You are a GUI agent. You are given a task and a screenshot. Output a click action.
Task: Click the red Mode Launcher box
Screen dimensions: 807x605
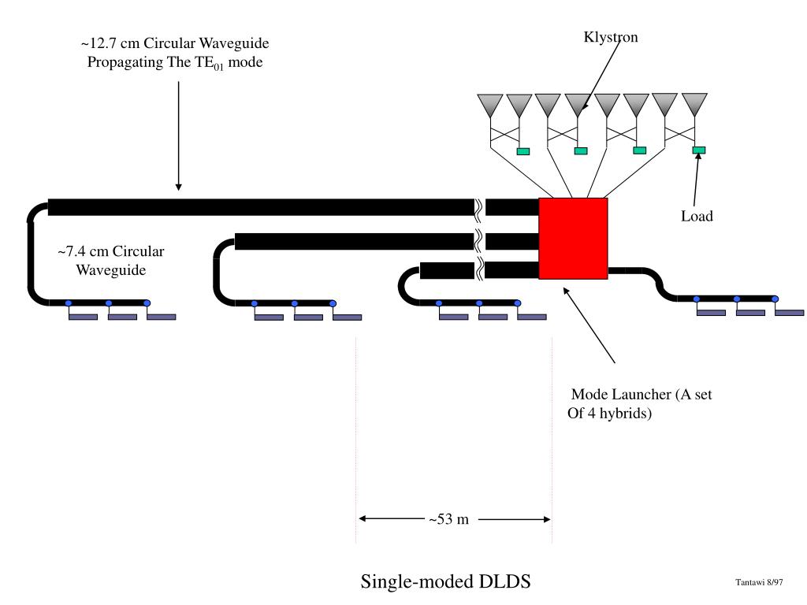click(574, 238)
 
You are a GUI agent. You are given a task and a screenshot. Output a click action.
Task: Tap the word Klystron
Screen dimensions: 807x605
click(611, 37)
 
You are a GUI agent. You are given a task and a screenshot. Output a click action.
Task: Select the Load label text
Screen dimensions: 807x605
click(697, 216)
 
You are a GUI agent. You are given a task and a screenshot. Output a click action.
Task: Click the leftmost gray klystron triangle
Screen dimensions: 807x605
click(490, 106)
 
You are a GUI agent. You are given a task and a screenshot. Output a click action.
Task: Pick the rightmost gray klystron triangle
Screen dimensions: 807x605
click(694, 105)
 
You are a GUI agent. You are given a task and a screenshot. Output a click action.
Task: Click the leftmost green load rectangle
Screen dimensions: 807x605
click(523, 151)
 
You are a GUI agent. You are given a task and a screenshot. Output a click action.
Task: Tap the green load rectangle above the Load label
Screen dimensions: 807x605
click(698, 150)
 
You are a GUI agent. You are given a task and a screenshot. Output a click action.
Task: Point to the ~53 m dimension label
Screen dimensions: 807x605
click(448, 519)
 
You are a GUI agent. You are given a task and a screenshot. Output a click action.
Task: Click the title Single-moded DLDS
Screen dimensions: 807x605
click(446, 581)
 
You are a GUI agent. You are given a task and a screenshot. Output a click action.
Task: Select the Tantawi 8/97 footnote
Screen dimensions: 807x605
click(759, 582)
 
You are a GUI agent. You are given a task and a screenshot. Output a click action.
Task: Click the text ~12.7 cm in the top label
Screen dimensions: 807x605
click(110, 43)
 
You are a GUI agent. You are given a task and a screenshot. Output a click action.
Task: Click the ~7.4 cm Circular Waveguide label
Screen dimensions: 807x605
click(111, 261)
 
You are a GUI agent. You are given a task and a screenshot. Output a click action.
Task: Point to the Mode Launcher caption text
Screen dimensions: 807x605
click(640, 404)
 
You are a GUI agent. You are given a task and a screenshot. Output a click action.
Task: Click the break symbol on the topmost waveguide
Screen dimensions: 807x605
click(478, 207)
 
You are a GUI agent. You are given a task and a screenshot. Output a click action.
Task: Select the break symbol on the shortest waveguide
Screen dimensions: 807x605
click(479, 270)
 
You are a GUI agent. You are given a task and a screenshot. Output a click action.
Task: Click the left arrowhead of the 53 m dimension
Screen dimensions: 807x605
click(363, 518)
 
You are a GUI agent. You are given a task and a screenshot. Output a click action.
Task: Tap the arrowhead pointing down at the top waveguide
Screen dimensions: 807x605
click(179, 187)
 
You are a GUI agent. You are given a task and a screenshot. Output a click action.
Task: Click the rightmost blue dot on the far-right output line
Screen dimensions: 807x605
click(775, 299)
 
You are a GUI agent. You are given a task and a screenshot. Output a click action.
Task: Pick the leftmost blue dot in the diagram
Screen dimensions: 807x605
click(69, 303)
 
